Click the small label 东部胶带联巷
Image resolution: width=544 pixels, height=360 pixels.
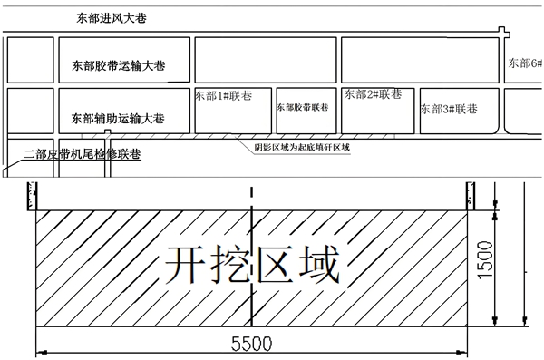click(x=303, y=106)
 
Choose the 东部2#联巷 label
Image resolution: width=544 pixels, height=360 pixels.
click(x=372, y=93)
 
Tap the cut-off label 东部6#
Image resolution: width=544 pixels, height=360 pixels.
click(x=525, y=63)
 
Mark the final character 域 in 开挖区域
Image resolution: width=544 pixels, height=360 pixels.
click(x=317, y=265)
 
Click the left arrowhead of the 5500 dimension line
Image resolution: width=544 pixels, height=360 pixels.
click(x=40, y=352)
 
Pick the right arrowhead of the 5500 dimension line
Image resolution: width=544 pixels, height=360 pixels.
click(x=463, y=352)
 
